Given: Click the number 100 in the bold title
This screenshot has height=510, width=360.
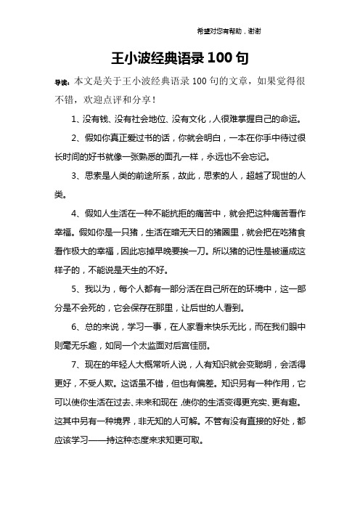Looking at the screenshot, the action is pos(222,57).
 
